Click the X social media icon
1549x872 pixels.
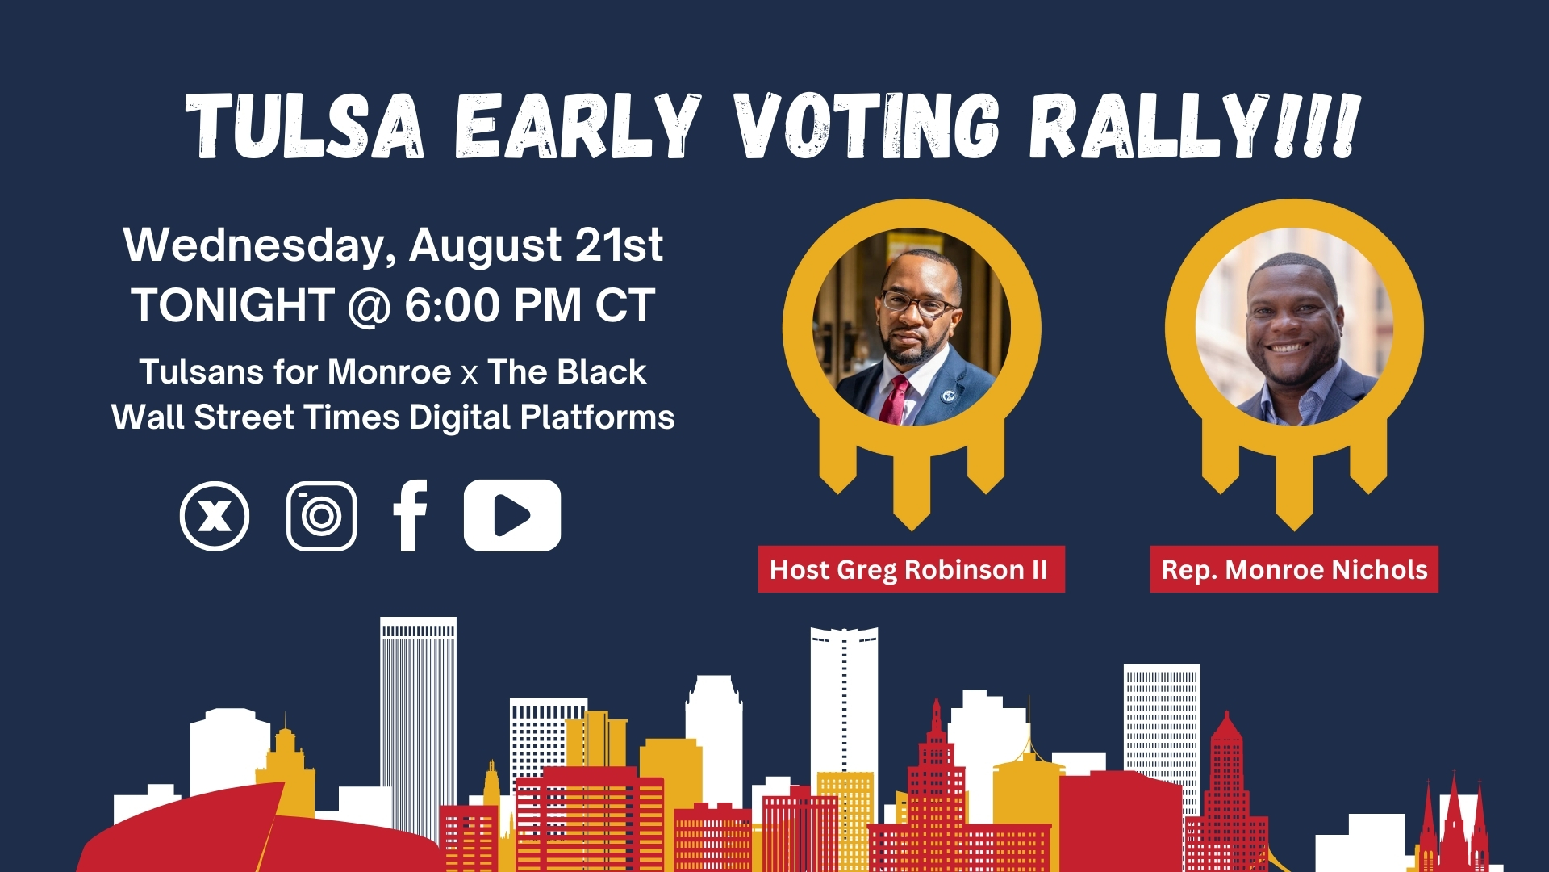215,516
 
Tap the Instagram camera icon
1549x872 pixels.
321,516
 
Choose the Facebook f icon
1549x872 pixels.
410,516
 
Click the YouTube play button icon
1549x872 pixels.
512,515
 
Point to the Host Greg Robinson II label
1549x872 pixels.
912,569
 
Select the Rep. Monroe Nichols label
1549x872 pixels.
1294,569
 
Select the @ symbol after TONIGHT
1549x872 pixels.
370,308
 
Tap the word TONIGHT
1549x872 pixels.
233,306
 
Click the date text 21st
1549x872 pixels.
619,245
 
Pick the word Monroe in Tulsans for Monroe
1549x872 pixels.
389,372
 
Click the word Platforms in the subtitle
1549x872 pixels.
597,417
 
